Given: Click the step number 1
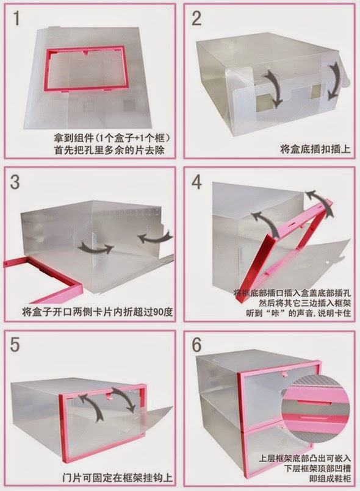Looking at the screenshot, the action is coord(16,18).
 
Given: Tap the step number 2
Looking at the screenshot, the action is coord(196,18).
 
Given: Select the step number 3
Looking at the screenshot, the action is coord(15,182).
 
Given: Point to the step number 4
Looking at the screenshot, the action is coord(196,182).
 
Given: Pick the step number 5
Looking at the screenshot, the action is coord(15,345).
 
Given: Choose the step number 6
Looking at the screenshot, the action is coord(196,345).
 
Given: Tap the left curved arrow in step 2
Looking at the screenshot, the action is coord(272,88).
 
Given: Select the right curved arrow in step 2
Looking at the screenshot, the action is coord(333,81).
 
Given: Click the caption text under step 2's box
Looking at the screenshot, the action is coord(315,149).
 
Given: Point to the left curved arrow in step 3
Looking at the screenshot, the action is coord(96,248).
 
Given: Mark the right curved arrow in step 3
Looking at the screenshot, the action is coord(156,237).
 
